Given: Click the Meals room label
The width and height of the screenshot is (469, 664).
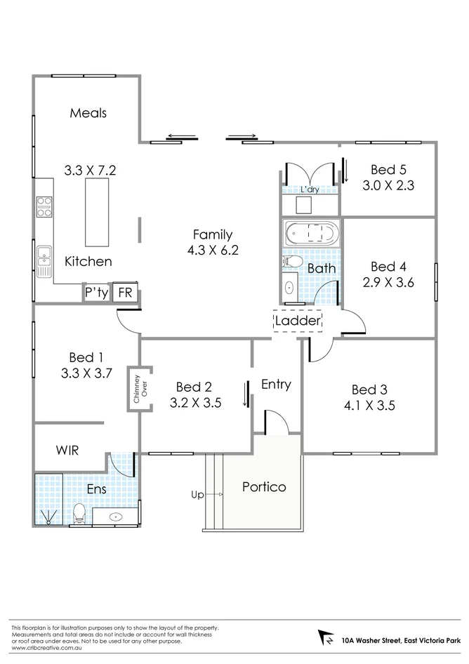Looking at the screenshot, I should point(88,112).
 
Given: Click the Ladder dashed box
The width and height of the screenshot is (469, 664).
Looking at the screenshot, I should point(298,321).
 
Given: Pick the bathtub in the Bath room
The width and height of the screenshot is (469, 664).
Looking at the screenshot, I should point(310,232).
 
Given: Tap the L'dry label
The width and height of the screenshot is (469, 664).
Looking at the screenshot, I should point(309,190).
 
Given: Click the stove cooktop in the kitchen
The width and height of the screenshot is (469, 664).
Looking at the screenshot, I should point(44,206).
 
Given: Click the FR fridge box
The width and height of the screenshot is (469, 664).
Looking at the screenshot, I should point(126,293).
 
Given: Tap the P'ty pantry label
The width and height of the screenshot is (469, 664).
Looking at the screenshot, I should point(96,293).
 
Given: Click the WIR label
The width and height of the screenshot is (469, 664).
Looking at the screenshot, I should point(67,450).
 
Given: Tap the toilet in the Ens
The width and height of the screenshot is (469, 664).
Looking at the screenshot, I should point(80,512).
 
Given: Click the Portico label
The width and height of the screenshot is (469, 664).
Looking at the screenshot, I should point(264,486).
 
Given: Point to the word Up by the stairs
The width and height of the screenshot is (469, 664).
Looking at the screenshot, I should point(197,495).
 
